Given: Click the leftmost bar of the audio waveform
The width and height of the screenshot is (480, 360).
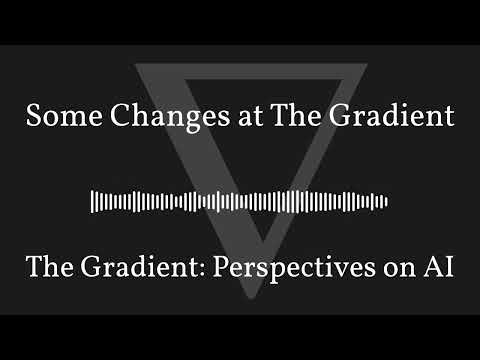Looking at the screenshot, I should [92, 201].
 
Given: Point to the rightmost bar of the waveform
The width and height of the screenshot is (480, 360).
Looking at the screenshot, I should [386, 201].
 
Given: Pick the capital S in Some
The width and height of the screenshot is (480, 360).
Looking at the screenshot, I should [33, 116].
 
